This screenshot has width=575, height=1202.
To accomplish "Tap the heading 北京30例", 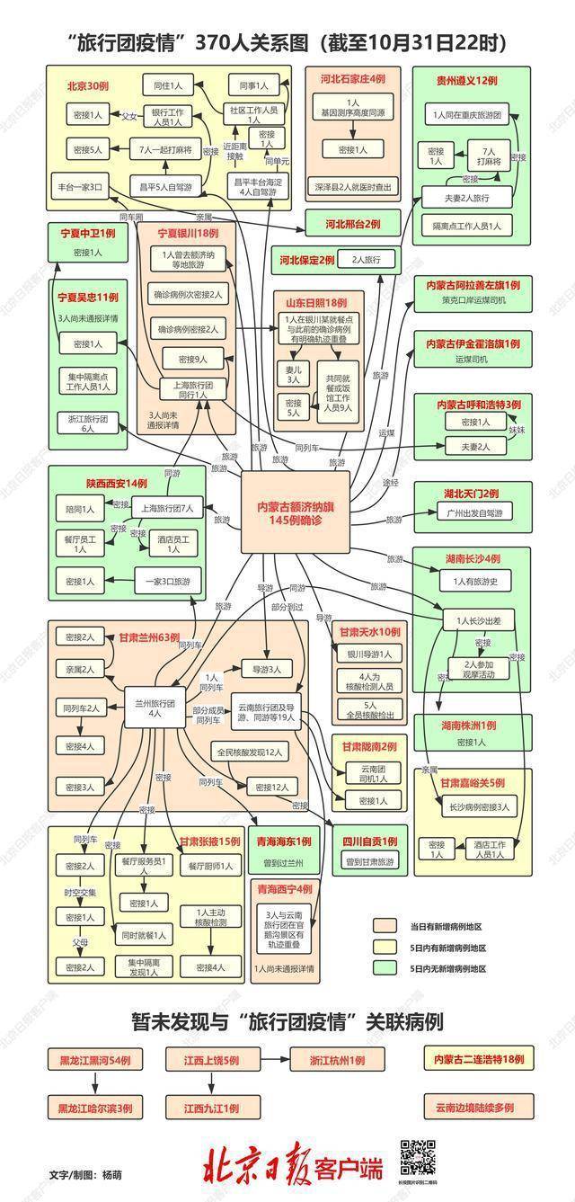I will [x=89, y=86].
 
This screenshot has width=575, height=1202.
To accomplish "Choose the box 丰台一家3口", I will [x=81, y=188].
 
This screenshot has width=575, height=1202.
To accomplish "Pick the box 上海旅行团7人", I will [x=168, y=508].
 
